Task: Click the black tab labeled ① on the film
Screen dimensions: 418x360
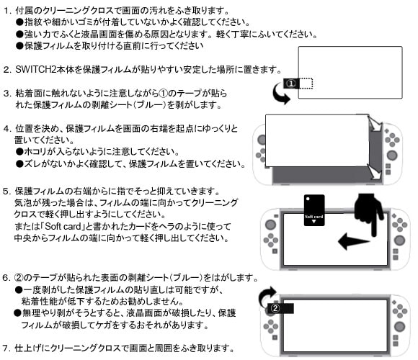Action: (291, 84)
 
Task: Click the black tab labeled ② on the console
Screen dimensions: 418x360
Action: (280, 308)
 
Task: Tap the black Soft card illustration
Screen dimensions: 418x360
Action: (314, 210)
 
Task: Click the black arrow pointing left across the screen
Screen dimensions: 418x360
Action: (354, 241)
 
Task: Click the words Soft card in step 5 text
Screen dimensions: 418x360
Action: (63, 226)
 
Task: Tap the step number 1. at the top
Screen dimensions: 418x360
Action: (7, 11)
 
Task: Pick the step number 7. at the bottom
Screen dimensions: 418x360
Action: (6, 348)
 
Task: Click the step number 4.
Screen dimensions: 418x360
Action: (7, 129)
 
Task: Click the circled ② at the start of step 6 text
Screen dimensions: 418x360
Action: (19, 278)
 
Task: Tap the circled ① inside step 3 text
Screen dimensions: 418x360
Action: (163, 94)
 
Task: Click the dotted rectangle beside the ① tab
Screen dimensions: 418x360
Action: (306, 84)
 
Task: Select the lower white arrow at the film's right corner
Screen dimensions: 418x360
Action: (375, 172)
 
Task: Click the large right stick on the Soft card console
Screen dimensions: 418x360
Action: (399, 240)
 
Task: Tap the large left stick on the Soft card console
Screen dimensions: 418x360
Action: (270, 224)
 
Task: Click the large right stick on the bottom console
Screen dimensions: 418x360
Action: (399, 326)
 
